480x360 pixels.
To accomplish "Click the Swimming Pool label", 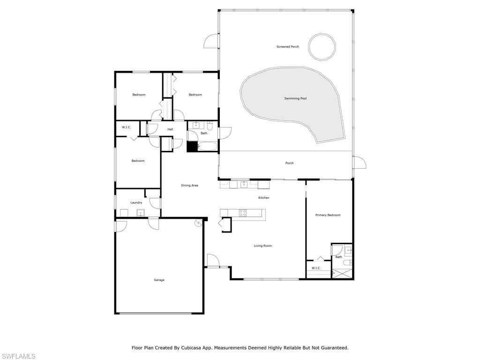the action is (x=295, y=98).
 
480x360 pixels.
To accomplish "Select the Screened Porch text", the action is (x=288, y=47).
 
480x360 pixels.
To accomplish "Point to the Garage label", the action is (x=159, y=280).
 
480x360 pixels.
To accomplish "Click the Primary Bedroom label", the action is (x=328, y=215).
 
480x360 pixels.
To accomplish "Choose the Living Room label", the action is (x=262, y=246).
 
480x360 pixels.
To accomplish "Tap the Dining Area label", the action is (x=189, y=186).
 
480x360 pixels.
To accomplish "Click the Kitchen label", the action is (x=263, y=198).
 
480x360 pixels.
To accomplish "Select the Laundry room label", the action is (x=136, y=202).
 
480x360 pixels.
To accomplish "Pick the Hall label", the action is (x=170, y=129).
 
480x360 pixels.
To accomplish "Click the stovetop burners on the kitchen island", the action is (x=243, y=213).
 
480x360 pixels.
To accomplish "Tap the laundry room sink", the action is (x=141, y=213).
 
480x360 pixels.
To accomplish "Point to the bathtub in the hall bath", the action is (x=208, y=146).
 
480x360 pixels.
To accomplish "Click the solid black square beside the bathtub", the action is (x=192, y=146).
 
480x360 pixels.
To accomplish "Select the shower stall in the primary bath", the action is (x=342, y=273).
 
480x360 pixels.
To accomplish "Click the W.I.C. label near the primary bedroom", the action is (x=316, y=268).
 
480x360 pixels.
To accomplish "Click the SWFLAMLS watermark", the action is (x=18, y=356).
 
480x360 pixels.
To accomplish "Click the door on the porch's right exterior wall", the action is (x=359, y=162).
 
